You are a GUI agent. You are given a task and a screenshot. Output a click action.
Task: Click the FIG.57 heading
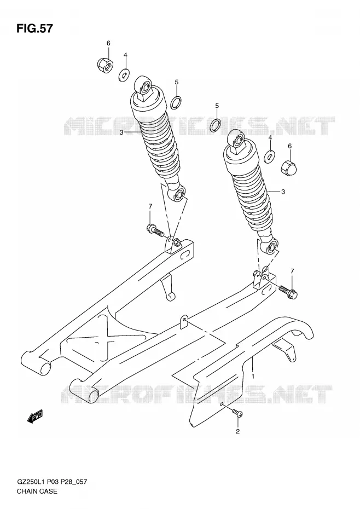coord(34,28)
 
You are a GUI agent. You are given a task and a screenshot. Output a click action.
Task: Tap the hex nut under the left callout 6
coord(105,65)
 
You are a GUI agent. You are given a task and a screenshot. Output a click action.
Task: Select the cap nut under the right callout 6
coord(289,167)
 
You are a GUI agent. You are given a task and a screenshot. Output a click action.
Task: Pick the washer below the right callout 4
coord(269,157)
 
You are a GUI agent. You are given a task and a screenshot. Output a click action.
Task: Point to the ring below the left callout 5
coord(176,102)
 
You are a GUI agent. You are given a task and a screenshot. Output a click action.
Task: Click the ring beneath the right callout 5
coord(216,125)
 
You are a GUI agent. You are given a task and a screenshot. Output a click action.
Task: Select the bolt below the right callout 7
coord(288,291)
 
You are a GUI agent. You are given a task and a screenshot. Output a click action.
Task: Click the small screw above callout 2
coord(237,413)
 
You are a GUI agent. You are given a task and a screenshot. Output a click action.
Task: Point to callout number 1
coord(253,376)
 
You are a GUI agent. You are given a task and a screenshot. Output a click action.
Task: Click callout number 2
coord(237,431)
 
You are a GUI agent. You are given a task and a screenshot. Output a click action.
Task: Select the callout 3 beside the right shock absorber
coord(283,192)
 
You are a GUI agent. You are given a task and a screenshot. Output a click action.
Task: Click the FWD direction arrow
coord(35,417)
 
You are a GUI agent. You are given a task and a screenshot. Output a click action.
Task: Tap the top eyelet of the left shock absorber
coord(143,85)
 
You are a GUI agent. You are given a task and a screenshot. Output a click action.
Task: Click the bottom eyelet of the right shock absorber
coord(270,247)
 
